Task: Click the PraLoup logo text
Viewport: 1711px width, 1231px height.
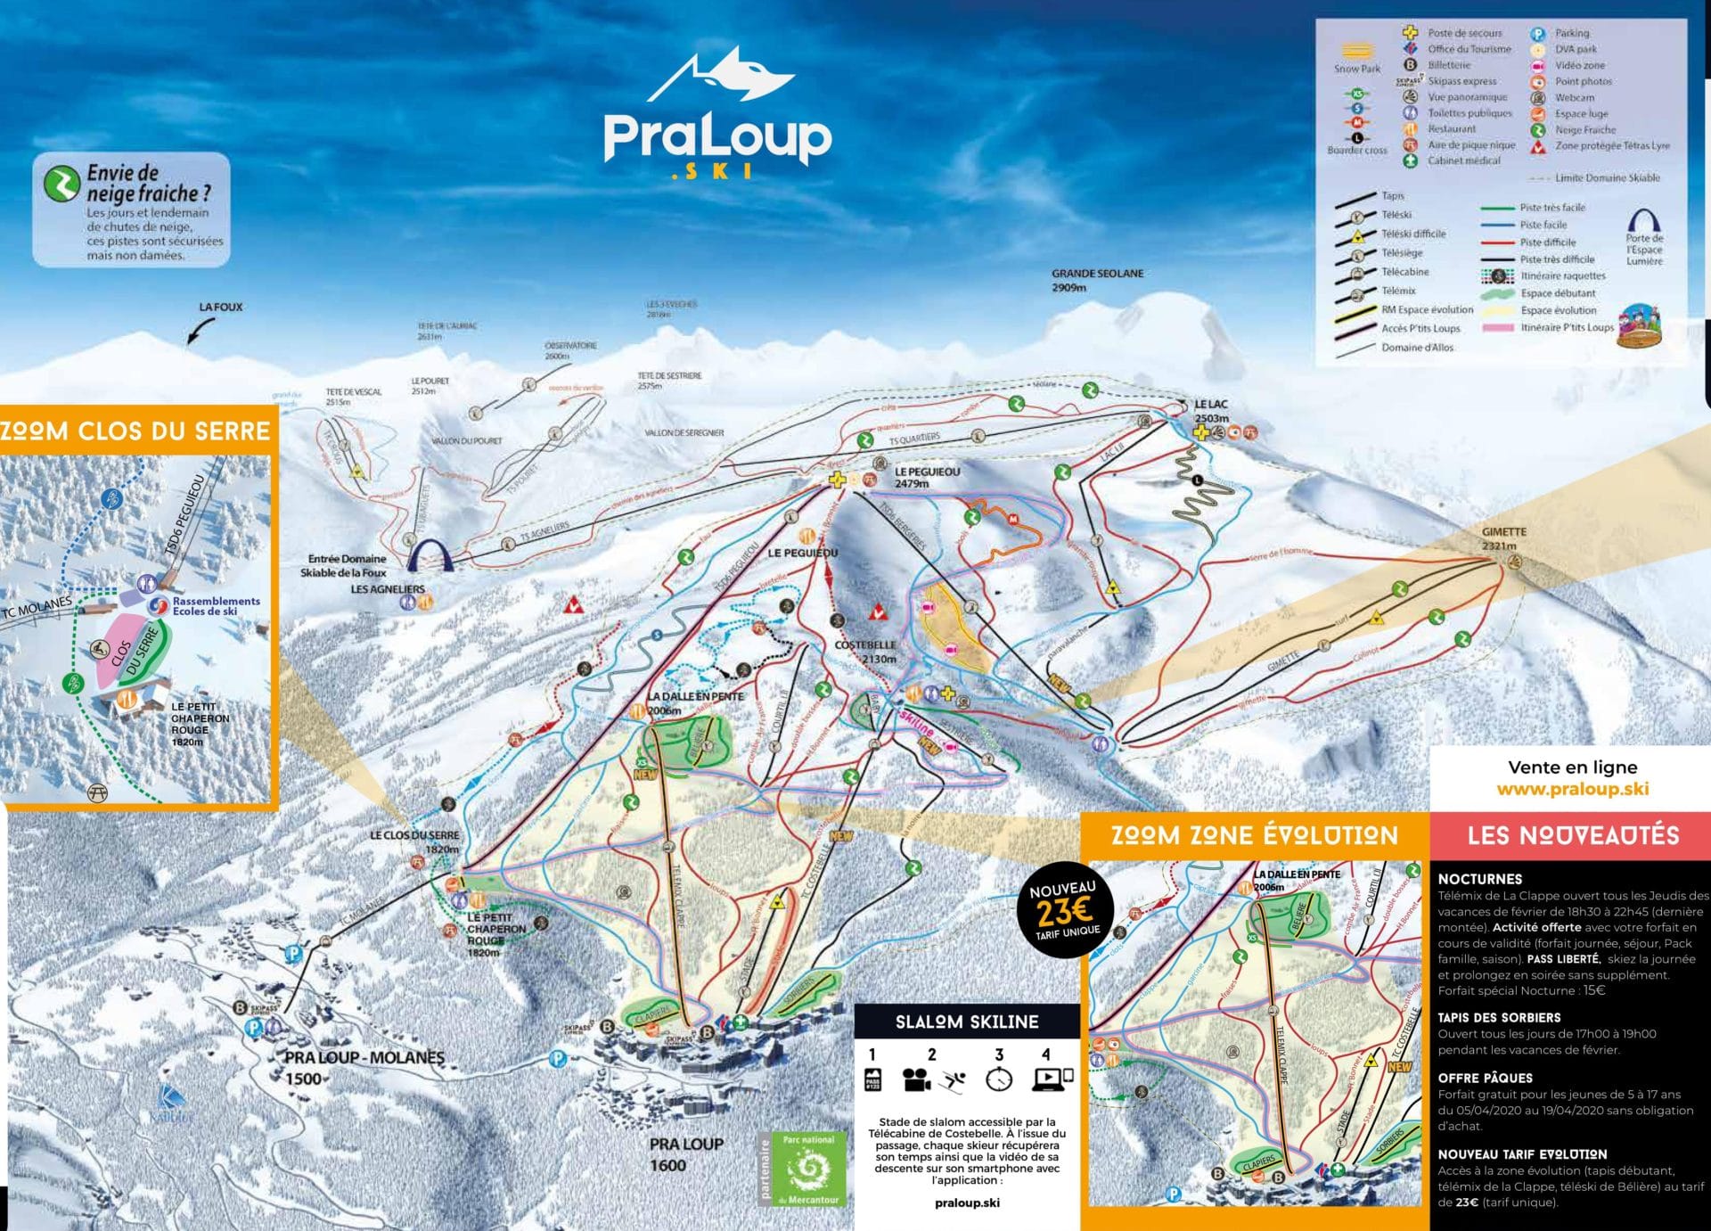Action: (717, 137)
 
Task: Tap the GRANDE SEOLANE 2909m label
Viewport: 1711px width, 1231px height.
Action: (1096, 280)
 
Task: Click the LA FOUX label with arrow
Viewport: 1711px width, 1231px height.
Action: (220, 308)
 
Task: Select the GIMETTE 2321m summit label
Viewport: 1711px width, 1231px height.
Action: (1504, 538)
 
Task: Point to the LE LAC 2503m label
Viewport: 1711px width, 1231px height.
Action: (1211, 411)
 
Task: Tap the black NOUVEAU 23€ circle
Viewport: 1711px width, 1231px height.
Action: (1062, 910)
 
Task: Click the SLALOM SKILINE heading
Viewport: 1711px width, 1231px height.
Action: (967, 1022)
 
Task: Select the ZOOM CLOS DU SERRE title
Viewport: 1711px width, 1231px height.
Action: (135, 431)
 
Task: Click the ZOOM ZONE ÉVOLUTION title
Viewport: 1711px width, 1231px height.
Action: (1254, 835)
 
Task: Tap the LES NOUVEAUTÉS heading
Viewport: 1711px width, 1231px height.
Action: (1573, 835)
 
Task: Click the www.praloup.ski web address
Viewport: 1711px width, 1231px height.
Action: (1572, 789)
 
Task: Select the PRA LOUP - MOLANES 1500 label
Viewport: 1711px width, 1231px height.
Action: (364, 1066)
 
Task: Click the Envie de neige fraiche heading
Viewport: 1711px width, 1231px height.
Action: (148, 183)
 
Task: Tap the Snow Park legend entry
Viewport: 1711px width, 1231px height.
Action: (1356, 57)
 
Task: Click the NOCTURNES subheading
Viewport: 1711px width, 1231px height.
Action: (1479, 879)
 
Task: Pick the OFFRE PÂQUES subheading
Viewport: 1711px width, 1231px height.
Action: (1485, 1078)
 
